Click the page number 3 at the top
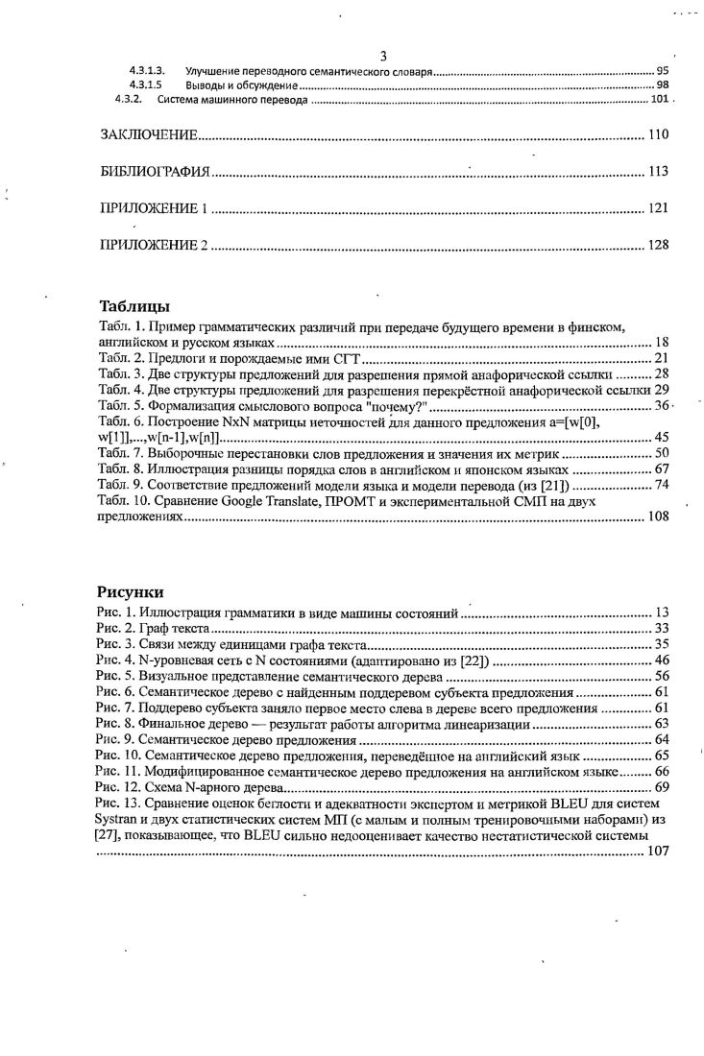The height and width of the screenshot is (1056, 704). click(383, 56)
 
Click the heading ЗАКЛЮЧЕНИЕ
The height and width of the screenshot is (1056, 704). click(150, 134)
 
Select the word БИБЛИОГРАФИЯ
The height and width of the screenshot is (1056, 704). click(155, 172)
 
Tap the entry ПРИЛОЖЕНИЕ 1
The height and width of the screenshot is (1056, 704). click(155, 208)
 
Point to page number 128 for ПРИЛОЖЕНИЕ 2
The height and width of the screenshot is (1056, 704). click(658, 245)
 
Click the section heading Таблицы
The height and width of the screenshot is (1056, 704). click(134, 307)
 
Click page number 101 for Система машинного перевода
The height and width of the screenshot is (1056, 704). click(659, 99)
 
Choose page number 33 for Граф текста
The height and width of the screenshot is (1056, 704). click(661, 628)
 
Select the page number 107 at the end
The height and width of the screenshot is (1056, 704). click(658, 851)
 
